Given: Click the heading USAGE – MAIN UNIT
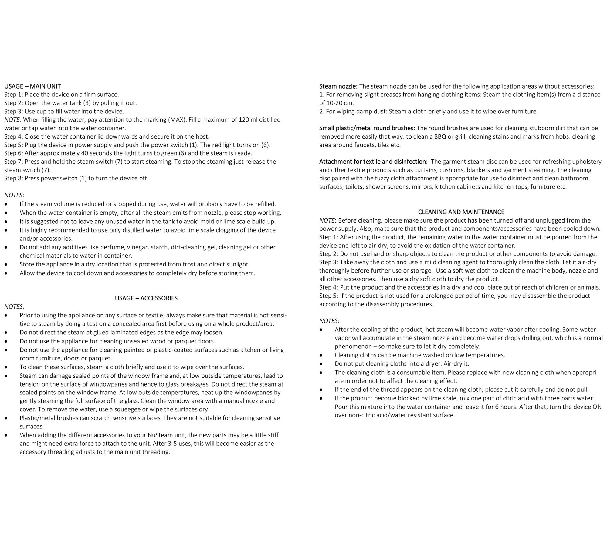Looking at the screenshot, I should pyautogui.click(x=32, y=86).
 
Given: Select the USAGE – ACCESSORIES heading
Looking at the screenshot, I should pyautogui.click(x=146, y=298).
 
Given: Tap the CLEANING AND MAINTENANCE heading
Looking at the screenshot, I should pyautogui.click(x=461, y=212).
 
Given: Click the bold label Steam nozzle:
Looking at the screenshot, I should pyautogui.click(x=338, y=86).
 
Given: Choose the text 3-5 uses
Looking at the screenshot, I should pyautogui.click(x=180, y=444).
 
